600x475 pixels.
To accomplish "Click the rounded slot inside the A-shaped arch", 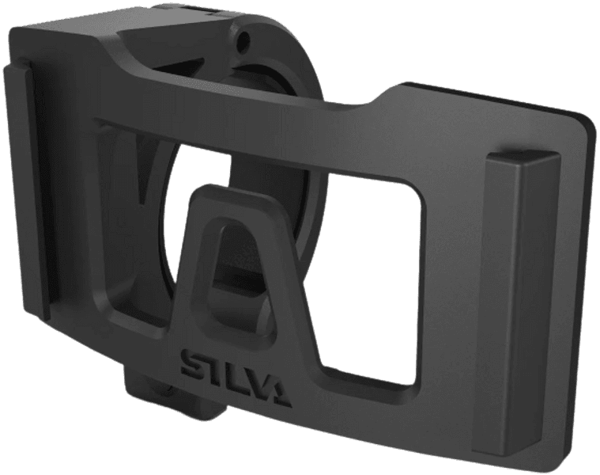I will tap(240, 261).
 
